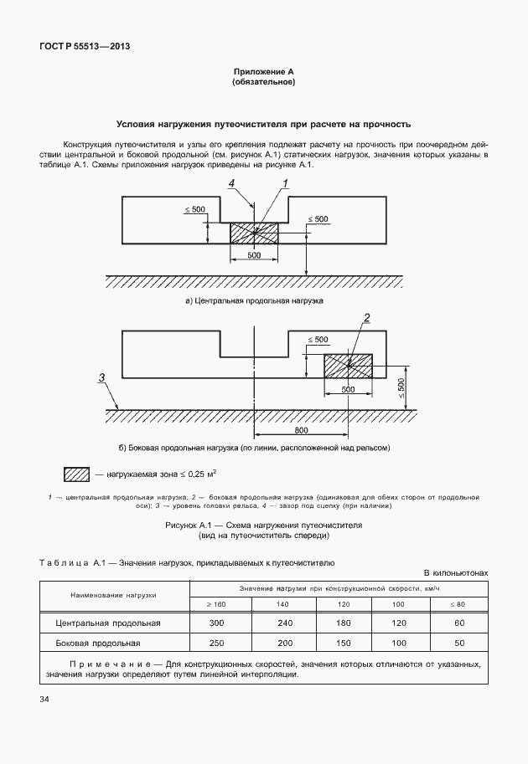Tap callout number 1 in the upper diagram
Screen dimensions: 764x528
[285, 183]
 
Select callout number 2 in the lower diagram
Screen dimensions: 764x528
[366, 316]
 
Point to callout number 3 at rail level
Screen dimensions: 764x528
[101, 378]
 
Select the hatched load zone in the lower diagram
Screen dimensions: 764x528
[348, 366]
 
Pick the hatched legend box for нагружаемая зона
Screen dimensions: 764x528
[76, 474]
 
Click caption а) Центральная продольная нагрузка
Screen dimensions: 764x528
[254, 300]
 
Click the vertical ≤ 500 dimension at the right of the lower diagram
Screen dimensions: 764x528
[401, 386]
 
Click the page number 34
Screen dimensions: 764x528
[44, 699]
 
